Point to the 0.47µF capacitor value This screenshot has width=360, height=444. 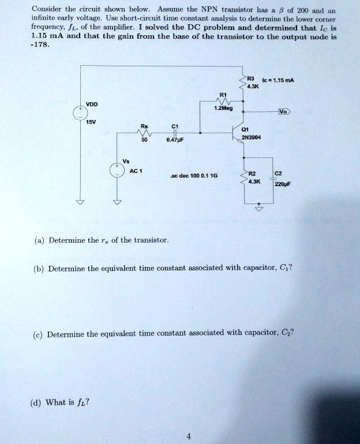174,139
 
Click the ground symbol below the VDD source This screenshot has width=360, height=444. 80,202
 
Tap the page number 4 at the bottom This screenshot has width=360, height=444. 188,437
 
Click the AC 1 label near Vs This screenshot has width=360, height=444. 137,171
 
